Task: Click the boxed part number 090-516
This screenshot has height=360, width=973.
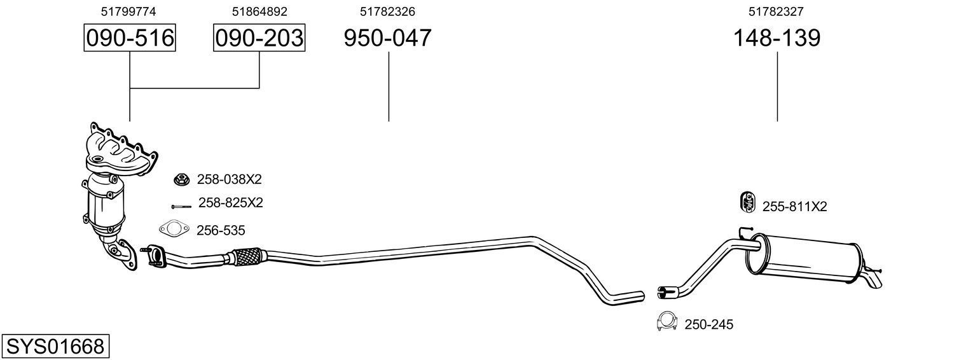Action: [x=130, y=38]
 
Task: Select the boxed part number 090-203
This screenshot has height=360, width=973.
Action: [x=259, y=38]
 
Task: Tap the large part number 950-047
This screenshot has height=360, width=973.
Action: [x=387, y=38]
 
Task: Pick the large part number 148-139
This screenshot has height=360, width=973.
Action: [x=776, y=38]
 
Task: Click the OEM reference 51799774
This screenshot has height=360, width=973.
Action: [x=128, y=11]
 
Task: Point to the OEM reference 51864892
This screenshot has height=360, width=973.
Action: [x=259, y=11]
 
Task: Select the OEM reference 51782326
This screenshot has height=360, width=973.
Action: [x=388, y=11]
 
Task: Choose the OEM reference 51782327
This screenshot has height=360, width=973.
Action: [x=777, y=11]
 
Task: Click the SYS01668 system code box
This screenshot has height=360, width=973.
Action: [x=55, y=347]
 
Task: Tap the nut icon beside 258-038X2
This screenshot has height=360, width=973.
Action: [x=181, y=180]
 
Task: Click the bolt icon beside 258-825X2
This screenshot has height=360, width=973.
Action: [x=181, y=206]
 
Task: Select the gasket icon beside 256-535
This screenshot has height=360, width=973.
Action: [x=173, y=229]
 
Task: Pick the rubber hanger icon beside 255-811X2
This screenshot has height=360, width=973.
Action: [x=747, y=202]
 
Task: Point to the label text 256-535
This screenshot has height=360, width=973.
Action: [x=221, y=230]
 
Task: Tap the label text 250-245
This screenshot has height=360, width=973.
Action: [x=709, y=325]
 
